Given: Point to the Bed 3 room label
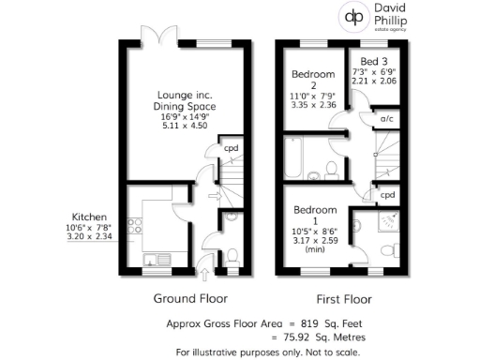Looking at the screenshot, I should point(369,61).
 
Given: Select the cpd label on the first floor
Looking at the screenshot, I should point(387,195).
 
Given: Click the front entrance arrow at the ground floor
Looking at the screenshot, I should point(206,262).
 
